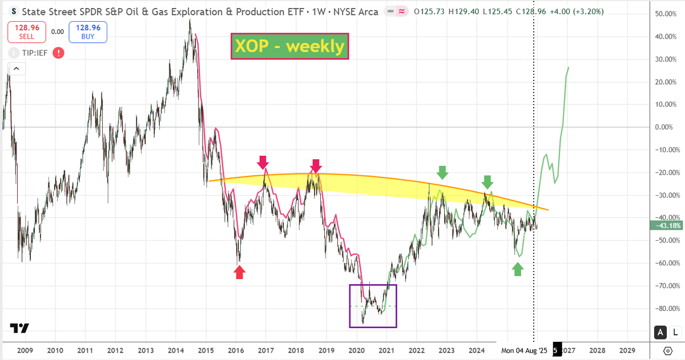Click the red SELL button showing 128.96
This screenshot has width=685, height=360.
click(26, 32)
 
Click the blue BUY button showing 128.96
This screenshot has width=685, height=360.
click(87, 32)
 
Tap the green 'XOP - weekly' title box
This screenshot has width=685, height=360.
click(289, 46)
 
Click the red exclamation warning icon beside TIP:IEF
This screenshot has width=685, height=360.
click(58, 53)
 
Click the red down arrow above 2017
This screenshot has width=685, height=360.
click(263, 162)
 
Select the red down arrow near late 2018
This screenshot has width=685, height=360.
click(316, 165)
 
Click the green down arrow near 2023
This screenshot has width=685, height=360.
click(442, 172)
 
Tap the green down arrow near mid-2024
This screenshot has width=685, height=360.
click(486, 182)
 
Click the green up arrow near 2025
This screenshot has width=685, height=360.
click(517, 269)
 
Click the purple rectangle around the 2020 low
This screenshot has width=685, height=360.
click(373, 306)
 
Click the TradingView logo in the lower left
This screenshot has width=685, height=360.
click(19, 329)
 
